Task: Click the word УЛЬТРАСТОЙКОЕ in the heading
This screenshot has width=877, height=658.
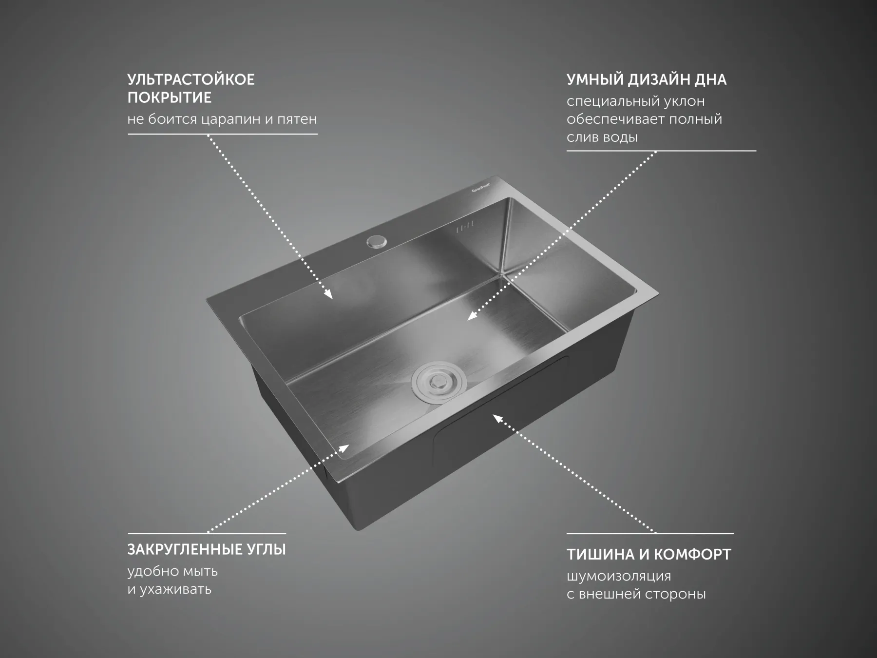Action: tap(191, 79)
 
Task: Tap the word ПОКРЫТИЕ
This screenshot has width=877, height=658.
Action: tap(170, 97)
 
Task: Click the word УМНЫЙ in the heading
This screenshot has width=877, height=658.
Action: tap(595, 79)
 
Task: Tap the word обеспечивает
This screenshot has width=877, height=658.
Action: tap(615, 119)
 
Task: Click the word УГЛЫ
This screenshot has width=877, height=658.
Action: tap(267, 549)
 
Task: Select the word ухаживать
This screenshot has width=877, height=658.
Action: tap(175, 589)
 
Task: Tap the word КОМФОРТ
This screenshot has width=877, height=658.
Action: tap(692, 554)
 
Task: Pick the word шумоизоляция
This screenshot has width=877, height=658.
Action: tap(619, 576)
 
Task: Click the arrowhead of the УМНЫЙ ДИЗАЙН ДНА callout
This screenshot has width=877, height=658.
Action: tap(471, 316)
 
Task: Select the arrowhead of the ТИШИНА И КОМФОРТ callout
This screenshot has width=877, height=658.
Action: tap(497, 418)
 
